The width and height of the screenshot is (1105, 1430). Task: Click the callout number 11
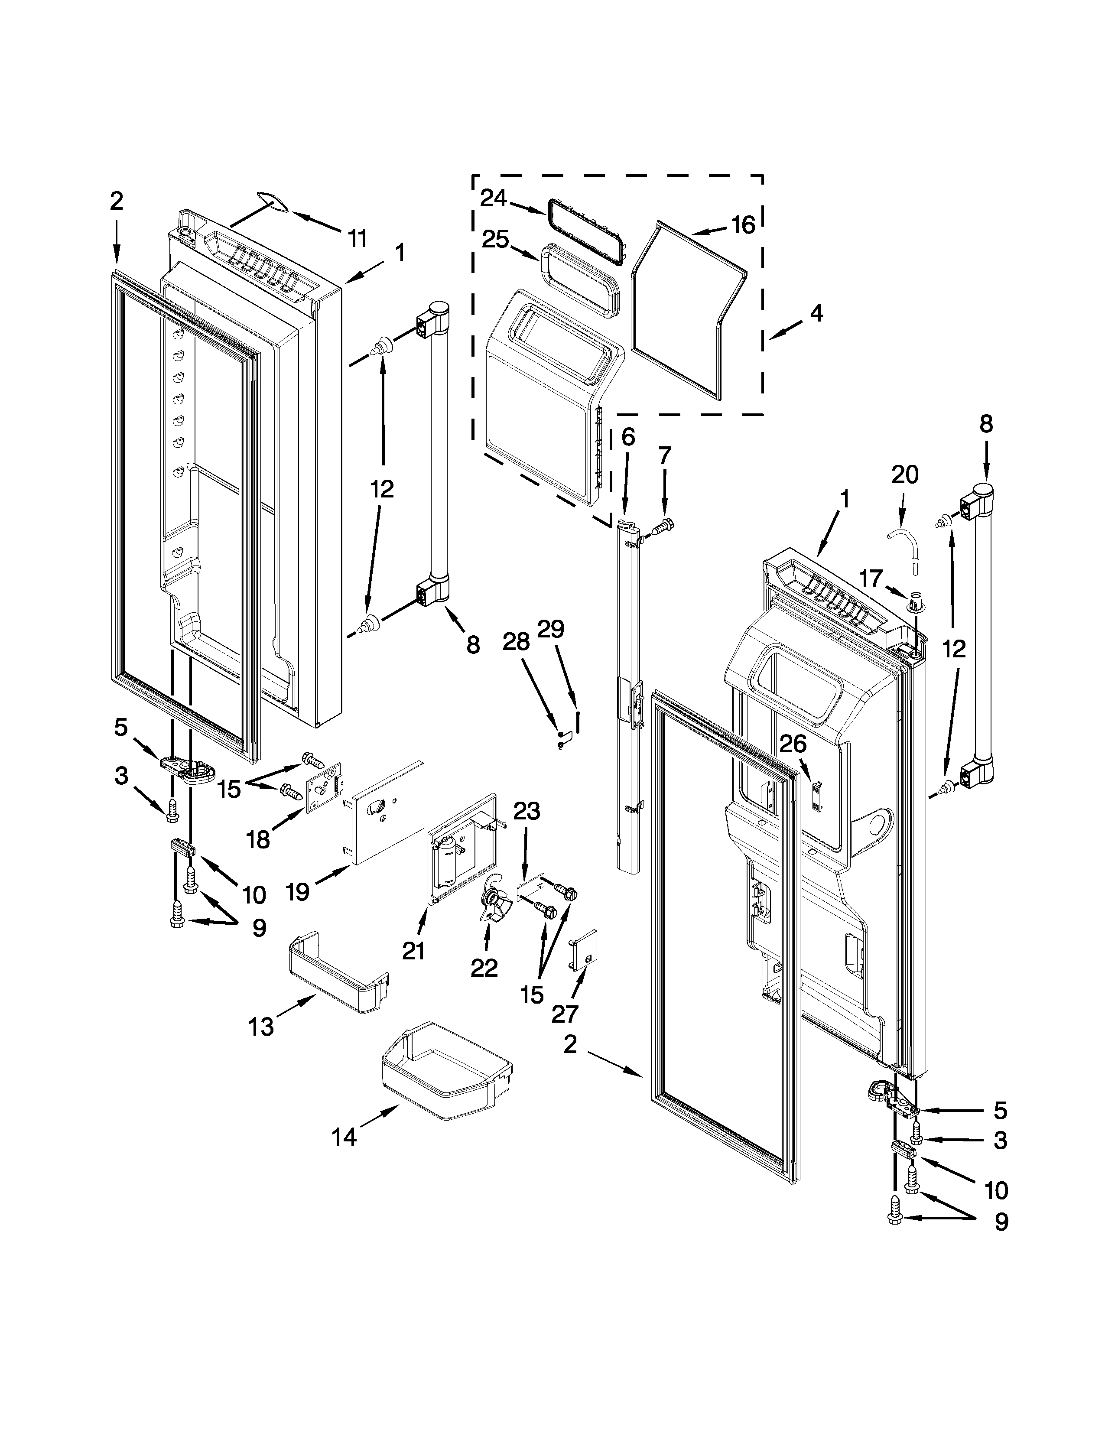[356, 238]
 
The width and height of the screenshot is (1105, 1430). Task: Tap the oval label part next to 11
[273, 201]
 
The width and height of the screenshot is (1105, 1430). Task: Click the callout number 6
[627, 437]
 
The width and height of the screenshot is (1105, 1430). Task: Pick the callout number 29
[550, 629]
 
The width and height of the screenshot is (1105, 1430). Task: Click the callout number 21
[413, 950]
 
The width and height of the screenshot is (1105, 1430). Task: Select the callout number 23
[526, 811]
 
